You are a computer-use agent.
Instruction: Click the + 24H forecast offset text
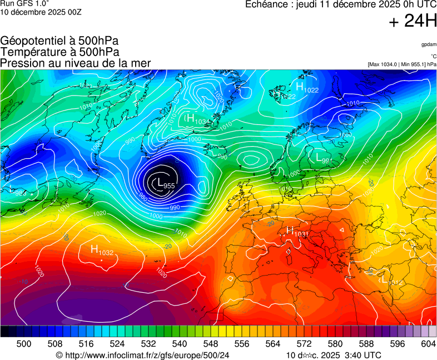point(413,21)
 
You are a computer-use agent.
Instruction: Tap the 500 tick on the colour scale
point(24,344)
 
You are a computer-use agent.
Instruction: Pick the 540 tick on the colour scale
point(180,344)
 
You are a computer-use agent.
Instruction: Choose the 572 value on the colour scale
point(304,344)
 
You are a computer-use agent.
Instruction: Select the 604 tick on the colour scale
point(428,344)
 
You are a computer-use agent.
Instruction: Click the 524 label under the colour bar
point(117,344)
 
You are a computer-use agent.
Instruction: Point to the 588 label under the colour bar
point(366,344)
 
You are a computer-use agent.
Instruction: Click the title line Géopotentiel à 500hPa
point(59,41)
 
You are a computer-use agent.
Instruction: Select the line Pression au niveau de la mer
point(76,63)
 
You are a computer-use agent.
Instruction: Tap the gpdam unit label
point(429,44)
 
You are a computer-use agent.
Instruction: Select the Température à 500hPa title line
point(59,52)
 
